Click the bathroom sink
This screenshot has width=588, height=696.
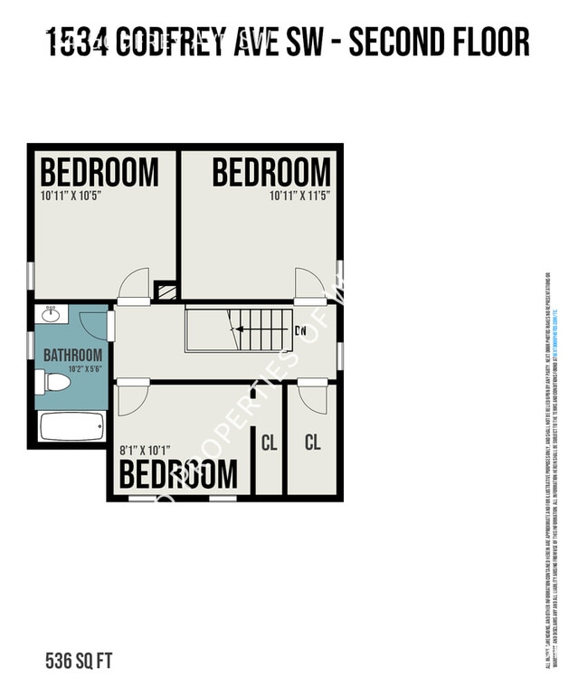tap(51, 313)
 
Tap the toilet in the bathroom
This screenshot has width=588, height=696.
tap(54, 382)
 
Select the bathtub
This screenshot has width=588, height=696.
tap(71, 426)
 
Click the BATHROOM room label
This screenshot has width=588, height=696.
tap(72, 356)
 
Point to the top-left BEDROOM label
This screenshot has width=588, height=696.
tap(99, 172)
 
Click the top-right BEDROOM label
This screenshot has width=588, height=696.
tap(271, 172)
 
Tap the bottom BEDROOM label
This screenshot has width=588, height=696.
tap(179, 473)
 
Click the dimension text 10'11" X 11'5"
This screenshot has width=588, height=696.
tap(300, 195)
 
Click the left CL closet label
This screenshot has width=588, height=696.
tap(269, 443)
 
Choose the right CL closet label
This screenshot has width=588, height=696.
tap(312, 443)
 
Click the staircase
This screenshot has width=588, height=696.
tap(240, 329)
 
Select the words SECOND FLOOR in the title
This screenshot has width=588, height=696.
tap(439, 43)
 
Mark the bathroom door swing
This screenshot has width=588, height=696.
tap(93, 325)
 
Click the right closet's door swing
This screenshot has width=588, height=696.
tap(313, 399)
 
